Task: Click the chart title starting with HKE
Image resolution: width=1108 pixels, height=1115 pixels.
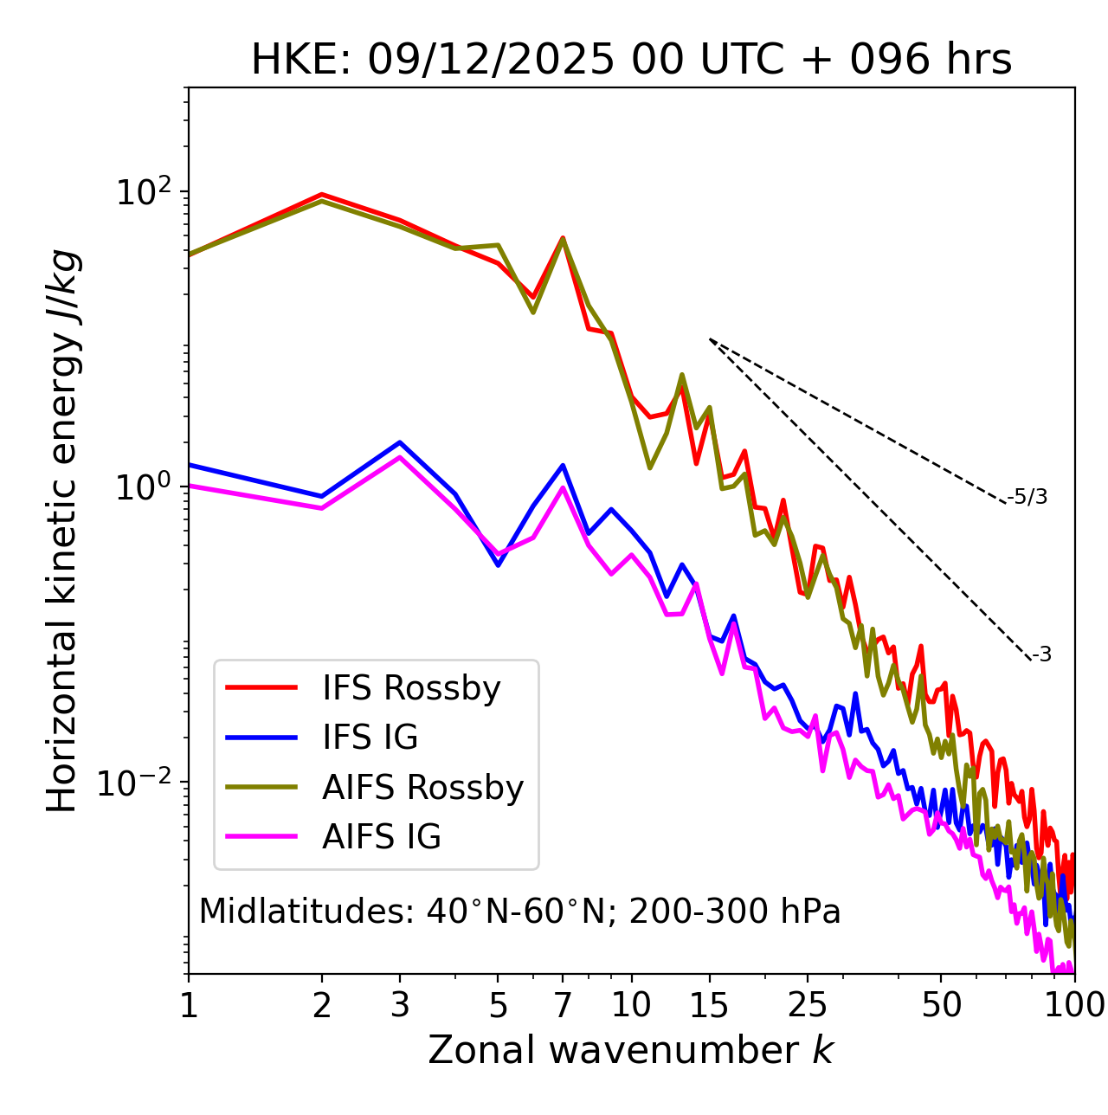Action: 631,61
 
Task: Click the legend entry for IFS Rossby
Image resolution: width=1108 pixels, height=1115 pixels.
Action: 411,688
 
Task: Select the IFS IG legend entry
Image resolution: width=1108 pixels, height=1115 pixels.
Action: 370,738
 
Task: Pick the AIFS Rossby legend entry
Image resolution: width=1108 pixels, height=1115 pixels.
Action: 422,788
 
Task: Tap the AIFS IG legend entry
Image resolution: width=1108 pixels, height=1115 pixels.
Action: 382,837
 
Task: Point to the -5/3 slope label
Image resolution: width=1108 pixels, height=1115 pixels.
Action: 1027,497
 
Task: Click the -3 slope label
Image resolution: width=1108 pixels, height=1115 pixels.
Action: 1041,655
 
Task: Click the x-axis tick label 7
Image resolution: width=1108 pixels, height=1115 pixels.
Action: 563,1005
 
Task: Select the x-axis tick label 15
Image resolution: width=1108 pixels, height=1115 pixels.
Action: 710,1005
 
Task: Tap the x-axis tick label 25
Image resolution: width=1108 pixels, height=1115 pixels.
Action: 808,1005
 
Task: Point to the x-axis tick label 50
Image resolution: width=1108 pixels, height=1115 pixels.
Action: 941,1005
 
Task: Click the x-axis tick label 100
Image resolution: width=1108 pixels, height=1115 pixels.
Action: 1074,1005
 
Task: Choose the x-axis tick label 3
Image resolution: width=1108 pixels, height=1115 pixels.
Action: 399,1005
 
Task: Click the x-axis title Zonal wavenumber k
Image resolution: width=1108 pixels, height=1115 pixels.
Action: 631,1050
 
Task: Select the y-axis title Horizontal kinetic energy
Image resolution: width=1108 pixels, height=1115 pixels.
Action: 62,531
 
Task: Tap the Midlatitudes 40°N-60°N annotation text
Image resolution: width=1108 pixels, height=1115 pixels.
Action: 520,912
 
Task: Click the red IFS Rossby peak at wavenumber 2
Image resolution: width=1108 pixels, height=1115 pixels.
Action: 322,195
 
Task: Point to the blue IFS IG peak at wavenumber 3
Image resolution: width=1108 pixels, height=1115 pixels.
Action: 399,442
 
